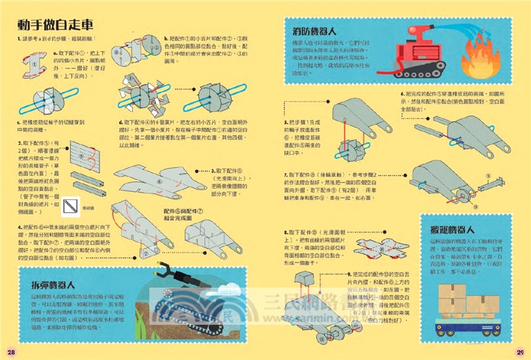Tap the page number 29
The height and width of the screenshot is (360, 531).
click(520, 351)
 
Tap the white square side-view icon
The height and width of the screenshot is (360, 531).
click(69, 210)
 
